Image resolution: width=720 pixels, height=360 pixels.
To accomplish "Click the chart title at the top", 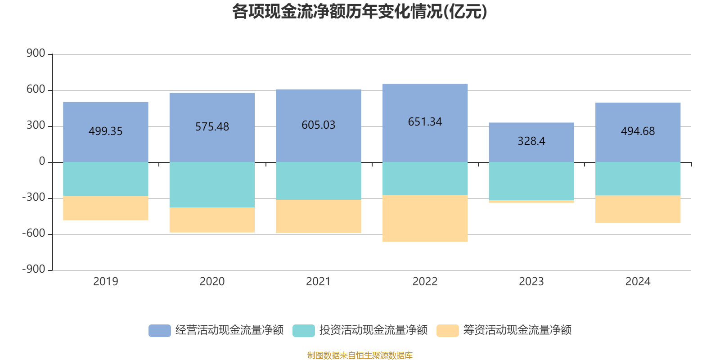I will point(360,12).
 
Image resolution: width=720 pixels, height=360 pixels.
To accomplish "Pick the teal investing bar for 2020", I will point(212,184).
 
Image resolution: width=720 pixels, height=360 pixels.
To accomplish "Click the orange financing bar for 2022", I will point(425,219).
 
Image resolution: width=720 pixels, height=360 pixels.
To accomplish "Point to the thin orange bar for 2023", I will point(531,202).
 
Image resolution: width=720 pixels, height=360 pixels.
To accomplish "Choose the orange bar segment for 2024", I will point(638,209).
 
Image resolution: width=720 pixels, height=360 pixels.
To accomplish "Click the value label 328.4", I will point(531,141).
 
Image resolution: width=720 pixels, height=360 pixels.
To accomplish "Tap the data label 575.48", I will point(212,127).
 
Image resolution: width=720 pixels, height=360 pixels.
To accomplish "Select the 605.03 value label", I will point(319,125).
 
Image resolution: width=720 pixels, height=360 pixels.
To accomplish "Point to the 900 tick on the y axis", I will point(36,54).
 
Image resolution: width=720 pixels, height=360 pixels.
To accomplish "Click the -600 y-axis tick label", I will point(34,234).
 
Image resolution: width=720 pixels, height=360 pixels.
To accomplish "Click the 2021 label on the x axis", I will point(319,282).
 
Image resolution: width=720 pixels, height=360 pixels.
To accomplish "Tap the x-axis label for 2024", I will point(638,282).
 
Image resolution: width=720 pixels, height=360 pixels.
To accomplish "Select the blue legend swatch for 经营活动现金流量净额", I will point(160,330).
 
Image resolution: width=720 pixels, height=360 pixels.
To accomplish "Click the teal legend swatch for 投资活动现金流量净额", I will point(304,330).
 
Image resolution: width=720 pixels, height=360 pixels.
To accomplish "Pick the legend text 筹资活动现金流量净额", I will point(517,330).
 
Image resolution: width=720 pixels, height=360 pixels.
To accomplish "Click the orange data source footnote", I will point(360,355).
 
